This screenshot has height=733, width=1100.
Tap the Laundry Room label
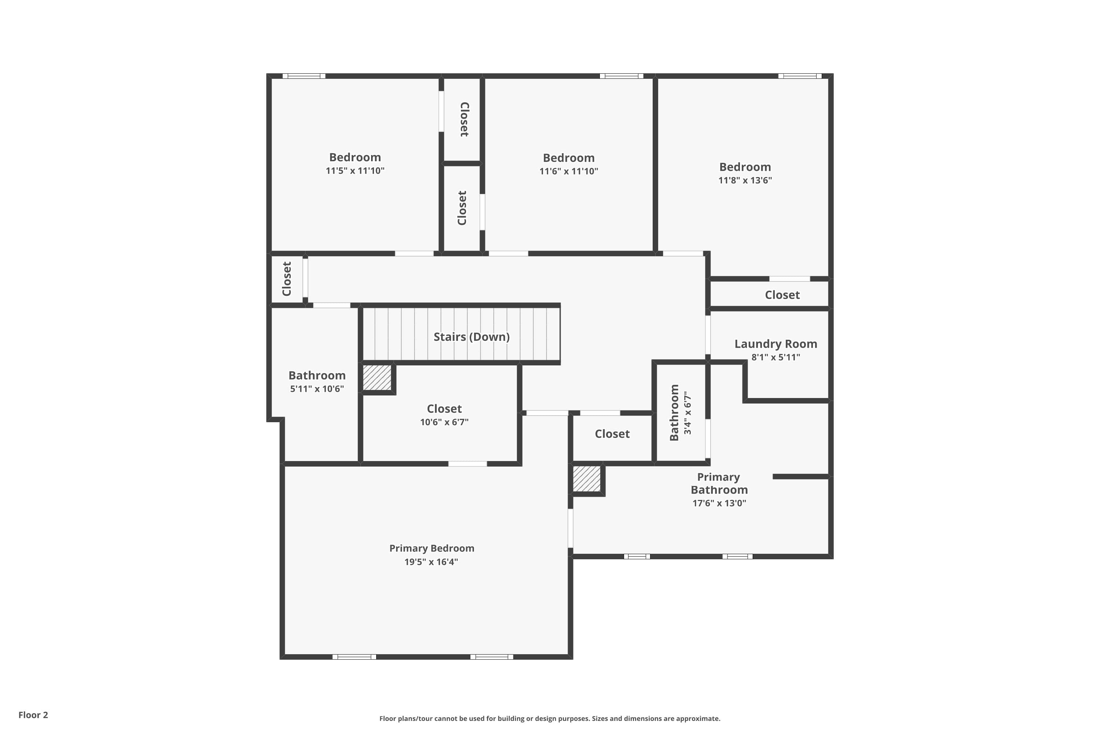775,344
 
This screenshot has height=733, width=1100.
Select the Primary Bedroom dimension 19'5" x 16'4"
431,561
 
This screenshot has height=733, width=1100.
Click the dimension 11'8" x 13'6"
745,180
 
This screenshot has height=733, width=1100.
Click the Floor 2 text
33,715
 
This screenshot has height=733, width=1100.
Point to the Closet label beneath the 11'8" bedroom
782,295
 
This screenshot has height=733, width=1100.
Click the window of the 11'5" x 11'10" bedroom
304,76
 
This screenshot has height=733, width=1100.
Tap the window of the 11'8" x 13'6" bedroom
800,76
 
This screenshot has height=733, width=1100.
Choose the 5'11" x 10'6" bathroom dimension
317,389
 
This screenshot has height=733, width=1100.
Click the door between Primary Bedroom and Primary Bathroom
570,528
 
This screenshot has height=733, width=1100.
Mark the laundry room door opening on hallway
708,335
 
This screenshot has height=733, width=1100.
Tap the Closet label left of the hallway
287,279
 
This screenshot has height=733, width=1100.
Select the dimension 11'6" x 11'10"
568,172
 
